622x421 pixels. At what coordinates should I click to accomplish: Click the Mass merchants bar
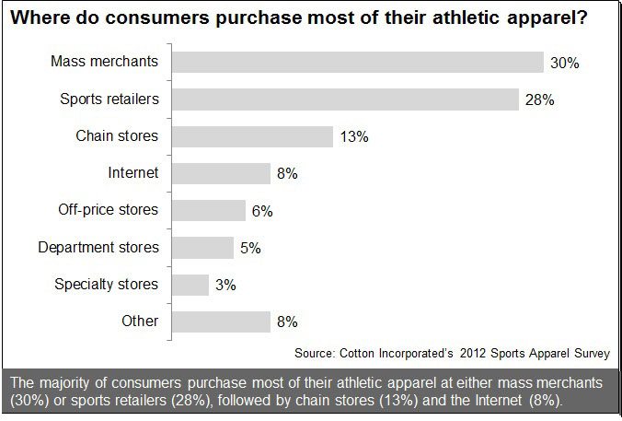357,62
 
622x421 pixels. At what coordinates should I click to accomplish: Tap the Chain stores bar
251,136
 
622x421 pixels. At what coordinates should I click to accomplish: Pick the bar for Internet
221,173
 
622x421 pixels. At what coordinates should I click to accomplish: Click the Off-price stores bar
208,210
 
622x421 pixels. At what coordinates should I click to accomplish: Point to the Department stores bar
202,248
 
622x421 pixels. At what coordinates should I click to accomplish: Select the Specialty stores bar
190,285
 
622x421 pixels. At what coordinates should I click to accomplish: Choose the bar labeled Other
221,322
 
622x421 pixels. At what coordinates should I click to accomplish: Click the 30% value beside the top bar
563,63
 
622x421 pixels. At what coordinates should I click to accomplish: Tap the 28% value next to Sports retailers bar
538,99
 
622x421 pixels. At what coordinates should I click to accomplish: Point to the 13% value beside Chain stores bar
353,136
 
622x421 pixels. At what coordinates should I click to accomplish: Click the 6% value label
261,211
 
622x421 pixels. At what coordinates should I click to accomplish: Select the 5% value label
249,248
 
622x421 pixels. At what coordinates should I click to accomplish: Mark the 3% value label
225,286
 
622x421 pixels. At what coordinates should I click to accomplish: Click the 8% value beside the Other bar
286,322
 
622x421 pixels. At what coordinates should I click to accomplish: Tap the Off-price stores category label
108,210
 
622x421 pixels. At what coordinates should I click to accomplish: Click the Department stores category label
98,248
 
